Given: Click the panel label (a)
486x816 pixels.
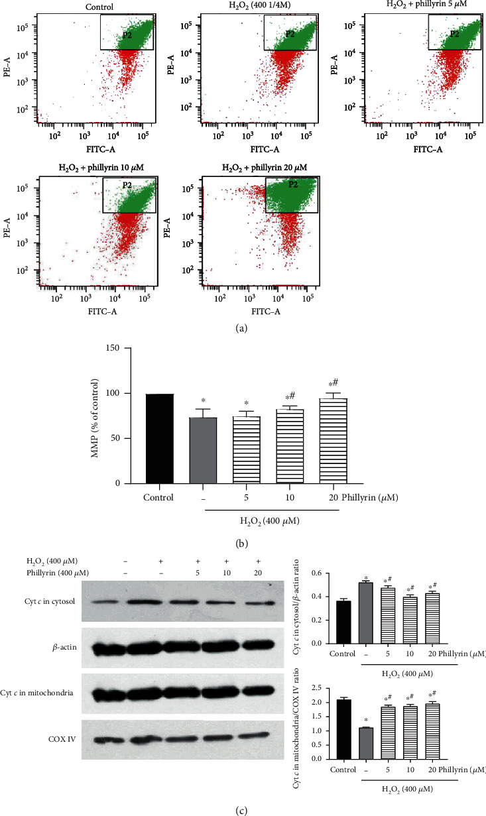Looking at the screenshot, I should [243, 326].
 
